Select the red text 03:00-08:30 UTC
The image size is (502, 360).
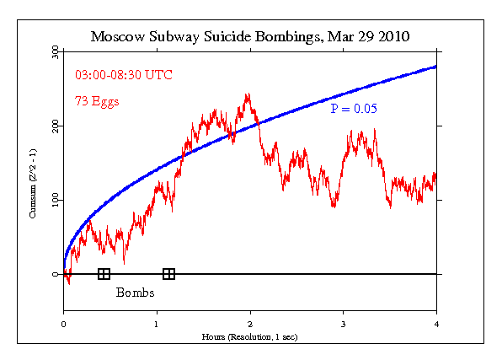[123, 75]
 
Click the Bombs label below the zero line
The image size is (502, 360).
[135, 294]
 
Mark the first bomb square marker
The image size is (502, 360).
[104, 274]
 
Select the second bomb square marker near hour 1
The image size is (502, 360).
[168, 274]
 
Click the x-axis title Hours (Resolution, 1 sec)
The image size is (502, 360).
[250, 336]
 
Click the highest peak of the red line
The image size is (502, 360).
[248, 94]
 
